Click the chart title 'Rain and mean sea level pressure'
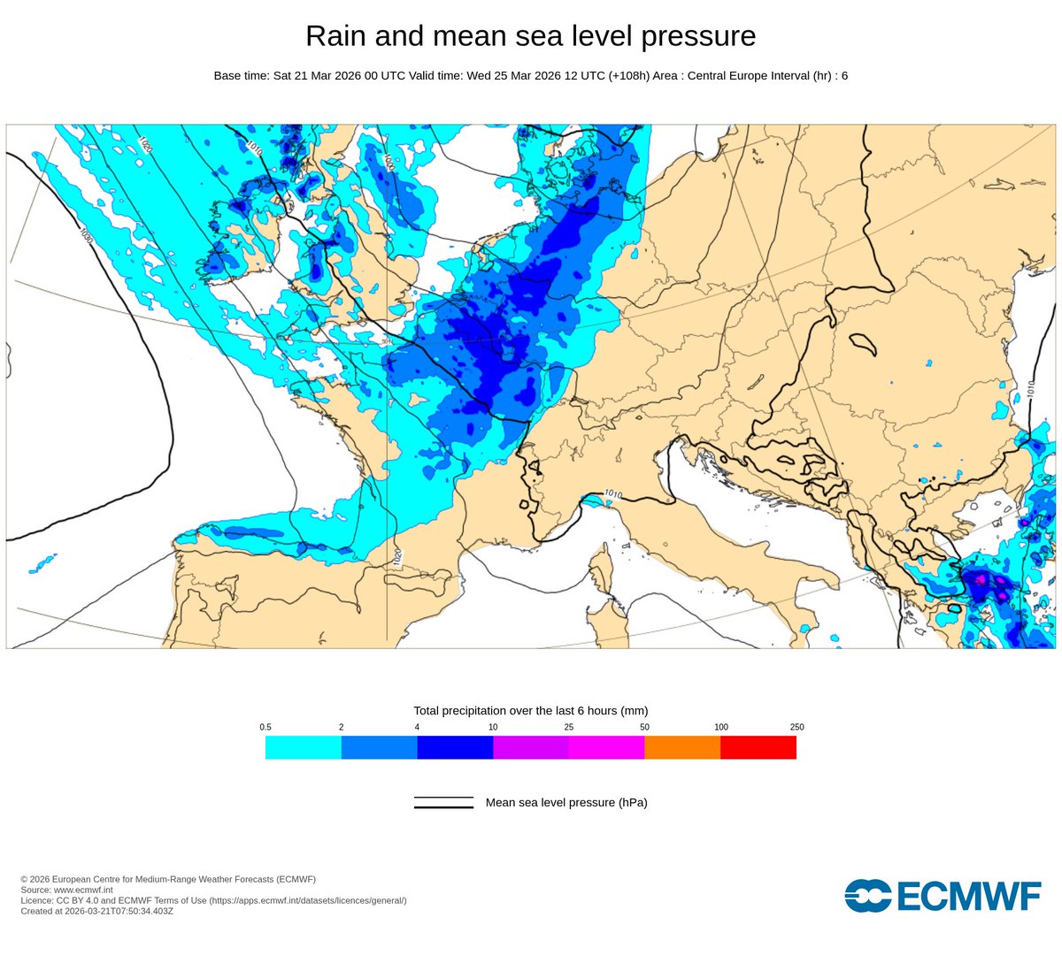(x=530, y=36)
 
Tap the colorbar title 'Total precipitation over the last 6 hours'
(x=530, y=711)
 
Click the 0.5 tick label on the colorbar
(x=265, y=727)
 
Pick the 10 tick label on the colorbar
(x=493, y=727)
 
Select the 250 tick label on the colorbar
(x=796, y=727)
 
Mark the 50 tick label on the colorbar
(x=644, y=727)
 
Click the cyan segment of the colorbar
(x=303, y=747)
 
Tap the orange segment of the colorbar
(x=682, y=747)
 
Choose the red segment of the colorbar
(x=758, y=747)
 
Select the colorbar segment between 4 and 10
(x=455, y=747)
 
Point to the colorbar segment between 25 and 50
(x=606, y=747)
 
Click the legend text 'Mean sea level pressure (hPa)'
(x=566, y=803)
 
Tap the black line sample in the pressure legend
(x=443, y=803)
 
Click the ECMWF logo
(x=943, y=896)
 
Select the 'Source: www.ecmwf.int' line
(x=66, y=890)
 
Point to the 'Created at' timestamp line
(x=96, y=911)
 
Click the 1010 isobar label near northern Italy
(x=612, y=493)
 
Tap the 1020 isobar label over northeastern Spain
(x=397, y=556)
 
